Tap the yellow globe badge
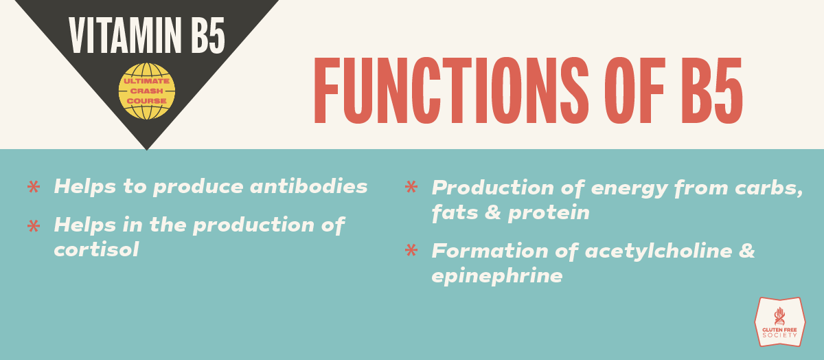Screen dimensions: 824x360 pos(147,91)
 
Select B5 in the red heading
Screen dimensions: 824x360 pos(713,91)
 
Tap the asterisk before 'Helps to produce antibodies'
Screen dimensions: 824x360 pos(34,187)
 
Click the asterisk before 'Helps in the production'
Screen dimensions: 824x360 pos(34,225)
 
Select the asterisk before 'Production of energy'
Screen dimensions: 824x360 pos(411,187)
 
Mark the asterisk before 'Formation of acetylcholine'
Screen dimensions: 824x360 pos(411,250)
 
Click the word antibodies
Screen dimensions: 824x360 pos(308,186)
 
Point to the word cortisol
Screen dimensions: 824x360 pos(96,249)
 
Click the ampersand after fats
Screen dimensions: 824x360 pos(493,213)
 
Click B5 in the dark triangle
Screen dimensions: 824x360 pos(208,36)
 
